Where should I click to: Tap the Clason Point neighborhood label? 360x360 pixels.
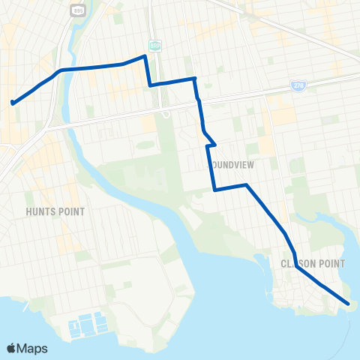tap(312, 263)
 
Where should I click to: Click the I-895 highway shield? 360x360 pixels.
tap(79, 10)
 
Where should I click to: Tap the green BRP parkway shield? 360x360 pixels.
tap(154, 45)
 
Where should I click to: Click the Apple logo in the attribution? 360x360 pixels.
tap(12, 348)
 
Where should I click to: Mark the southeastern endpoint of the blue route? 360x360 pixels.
tap(349, 304)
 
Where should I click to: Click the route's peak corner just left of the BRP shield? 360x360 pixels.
tap(144, 56)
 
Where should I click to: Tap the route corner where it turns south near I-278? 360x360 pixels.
tap(195, 78)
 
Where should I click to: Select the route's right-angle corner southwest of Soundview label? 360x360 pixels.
tap(215, 190)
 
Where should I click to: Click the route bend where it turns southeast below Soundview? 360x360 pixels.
tap(246, 184)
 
